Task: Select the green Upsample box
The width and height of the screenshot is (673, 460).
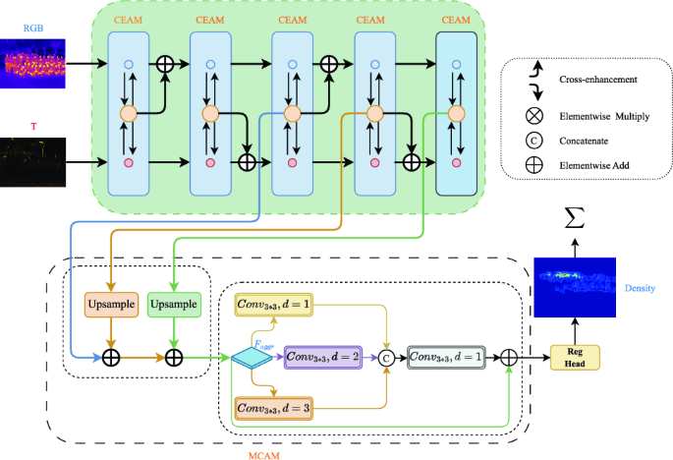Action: pos(173,305)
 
